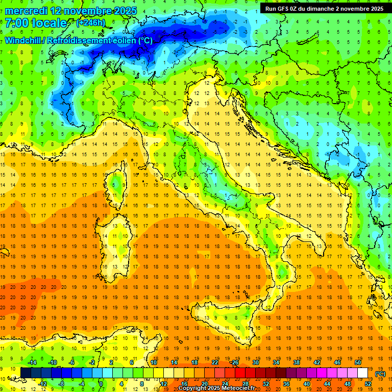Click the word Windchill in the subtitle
pos(24,41)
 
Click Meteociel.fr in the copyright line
pos(239,388)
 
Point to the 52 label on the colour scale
pos(368,383)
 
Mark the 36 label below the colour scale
pos(286,383)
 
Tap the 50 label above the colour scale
pos(358,362)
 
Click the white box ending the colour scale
pos(363,373)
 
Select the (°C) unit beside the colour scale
pos(380,373)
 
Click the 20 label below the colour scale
pos(204,383)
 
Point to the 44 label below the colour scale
pos(327,383)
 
